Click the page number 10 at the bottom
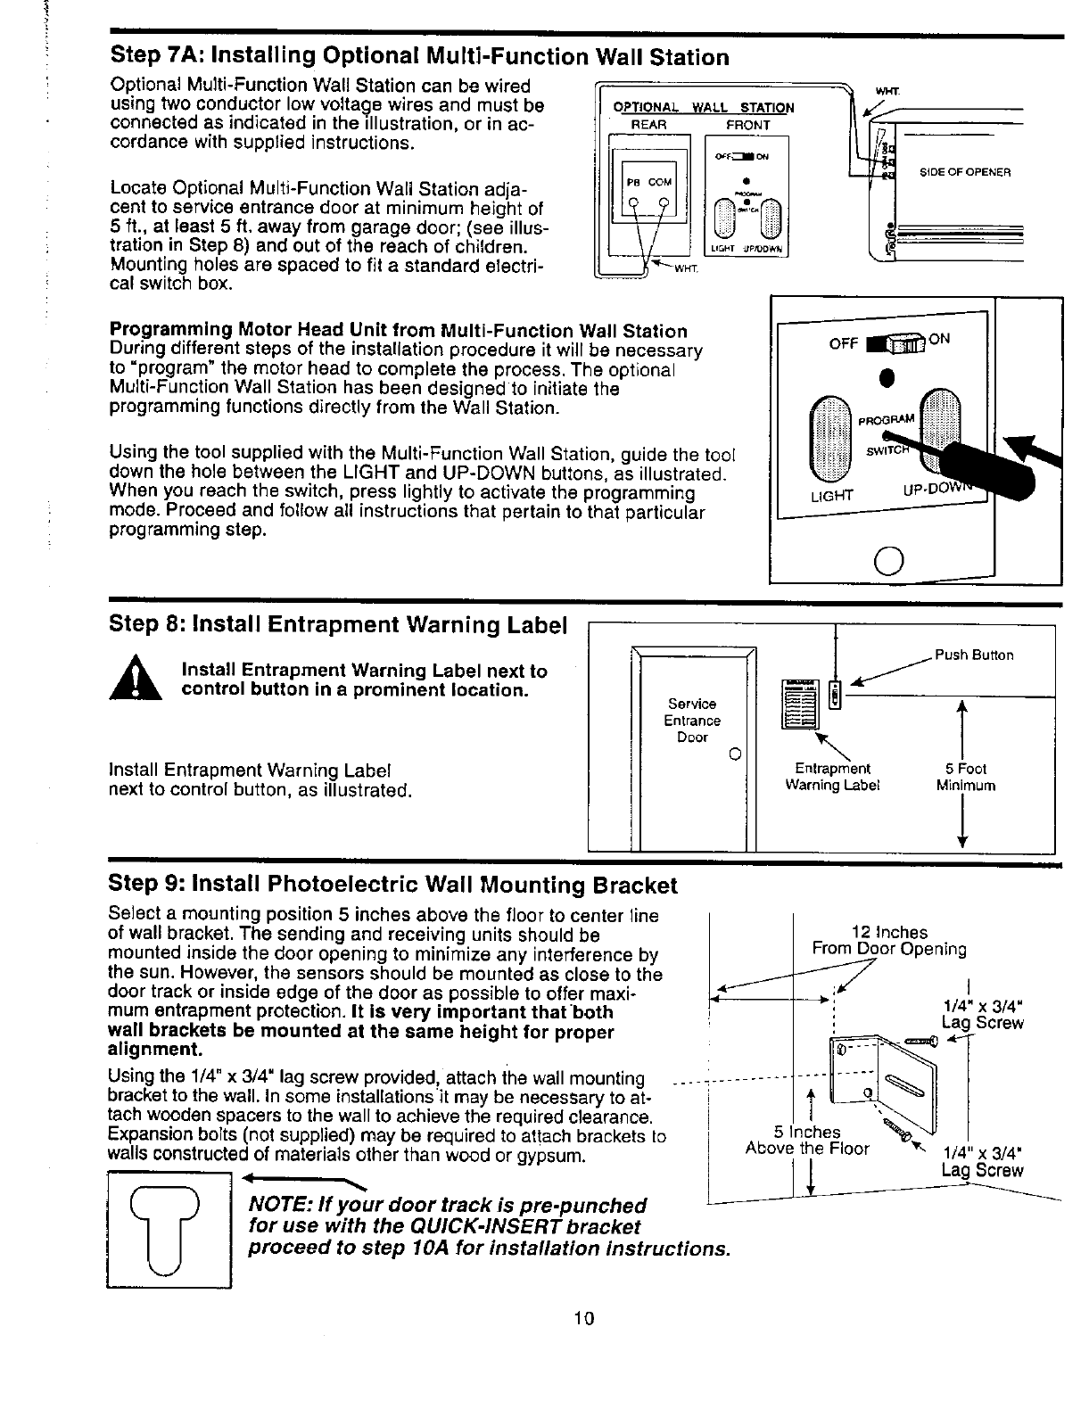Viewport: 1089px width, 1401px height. pyautogui.click(x=584, y=1319)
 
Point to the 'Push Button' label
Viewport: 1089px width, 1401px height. pyautogui.click(x=974, y=655)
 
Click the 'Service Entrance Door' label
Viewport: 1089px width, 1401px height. pyautogui.click(x=692, y=721)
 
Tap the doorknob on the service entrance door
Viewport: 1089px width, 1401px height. pyautogui.click(x=732, y=757)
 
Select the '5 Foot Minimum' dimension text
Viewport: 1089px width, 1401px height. pyautogui.click(x=966, y=777)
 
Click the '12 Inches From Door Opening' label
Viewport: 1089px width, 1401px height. pyautogui.click(x=888, y=941)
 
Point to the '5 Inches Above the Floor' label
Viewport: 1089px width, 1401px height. pyautogui.click(x=806, y=1141)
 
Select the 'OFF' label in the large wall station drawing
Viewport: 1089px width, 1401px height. pyautogui.click(x=843, y=343)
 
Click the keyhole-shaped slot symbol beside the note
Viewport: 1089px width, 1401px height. pyautogui.click(x=168, y=1229)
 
